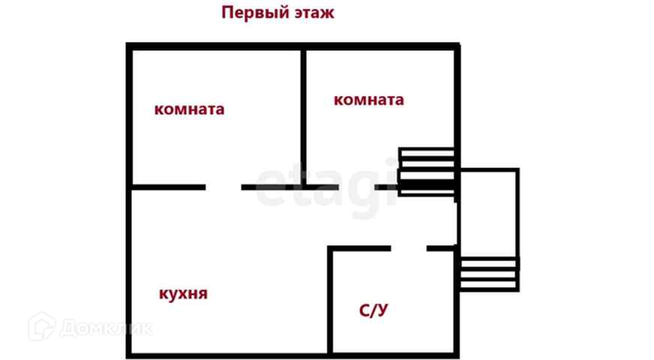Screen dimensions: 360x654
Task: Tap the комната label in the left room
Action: point(189,109)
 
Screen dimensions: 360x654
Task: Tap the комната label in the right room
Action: point(368,100)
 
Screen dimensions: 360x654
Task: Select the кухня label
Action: point(183,293)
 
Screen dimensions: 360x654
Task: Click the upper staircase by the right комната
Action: point(426,172)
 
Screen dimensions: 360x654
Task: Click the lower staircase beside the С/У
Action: point(488,274)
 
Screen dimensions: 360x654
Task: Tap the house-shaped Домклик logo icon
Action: point(41,326)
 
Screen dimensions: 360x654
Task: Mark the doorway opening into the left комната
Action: point(223,187)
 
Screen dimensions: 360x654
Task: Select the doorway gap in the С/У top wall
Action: point(409,247)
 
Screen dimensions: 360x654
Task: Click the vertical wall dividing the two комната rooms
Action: point(303,112)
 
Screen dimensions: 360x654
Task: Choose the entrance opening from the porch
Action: point(457,221)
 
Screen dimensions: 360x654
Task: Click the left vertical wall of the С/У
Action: point(330,300)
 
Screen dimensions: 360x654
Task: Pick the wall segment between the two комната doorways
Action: point(289,187)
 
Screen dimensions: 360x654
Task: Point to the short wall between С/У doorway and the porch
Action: point(442,247)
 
